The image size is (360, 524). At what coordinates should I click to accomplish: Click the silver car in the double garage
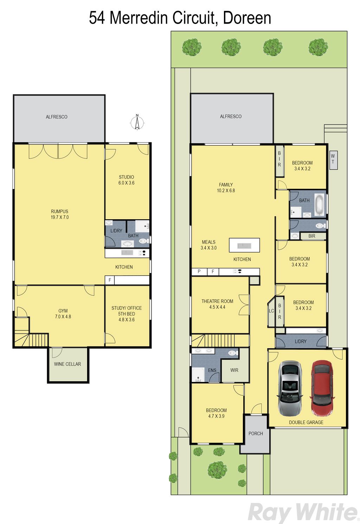[x=290, y=388]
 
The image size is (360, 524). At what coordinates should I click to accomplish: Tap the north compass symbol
[x=137, y=122]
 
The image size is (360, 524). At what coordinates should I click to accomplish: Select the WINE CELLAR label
[x=67, y=364]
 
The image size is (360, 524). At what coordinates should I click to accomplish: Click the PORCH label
[x=256, y=433]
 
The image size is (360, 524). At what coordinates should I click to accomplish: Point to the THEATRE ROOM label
[x=217, y=301]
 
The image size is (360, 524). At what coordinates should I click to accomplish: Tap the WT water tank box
[x=333, y=160]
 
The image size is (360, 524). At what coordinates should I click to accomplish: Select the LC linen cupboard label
[x=271, y=311]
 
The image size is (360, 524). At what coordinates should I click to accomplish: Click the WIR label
[x=234, y=370]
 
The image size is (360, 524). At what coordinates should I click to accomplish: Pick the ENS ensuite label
[x=212, y=370]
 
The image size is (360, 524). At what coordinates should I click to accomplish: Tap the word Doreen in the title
[x=247, y=18]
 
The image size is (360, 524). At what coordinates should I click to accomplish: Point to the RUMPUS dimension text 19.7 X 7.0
[x=60, y=217]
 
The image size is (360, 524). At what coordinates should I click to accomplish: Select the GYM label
[x=63, y=311]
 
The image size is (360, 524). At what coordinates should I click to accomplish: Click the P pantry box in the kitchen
[x=199, y=271]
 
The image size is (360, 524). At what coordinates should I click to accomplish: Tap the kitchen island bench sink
[x=244, y=246]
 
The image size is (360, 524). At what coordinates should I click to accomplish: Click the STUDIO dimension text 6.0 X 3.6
[x=127, y=183]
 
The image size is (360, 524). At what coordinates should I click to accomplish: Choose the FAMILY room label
[x=226, y=185]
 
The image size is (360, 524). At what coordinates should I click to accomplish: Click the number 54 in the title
[x=97, y=18]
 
